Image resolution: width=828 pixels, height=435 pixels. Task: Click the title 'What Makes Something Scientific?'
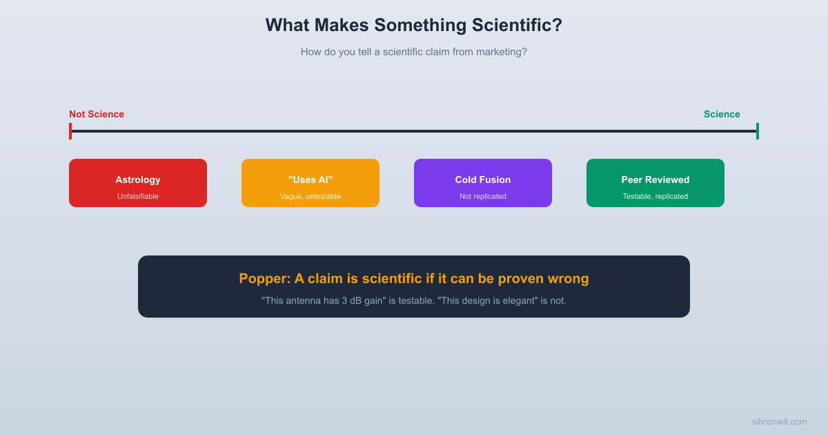tap(413, 26)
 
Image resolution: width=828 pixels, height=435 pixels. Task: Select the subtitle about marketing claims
tap(413, 52)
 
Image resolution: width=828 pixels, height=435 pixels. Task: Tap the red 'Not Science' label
tap(97, 114)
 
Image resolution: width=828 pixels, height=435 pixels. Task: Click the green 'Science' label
tap(722, 114)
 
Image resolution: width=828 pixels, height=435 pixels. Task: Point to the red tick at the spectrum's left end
tap(70, 131)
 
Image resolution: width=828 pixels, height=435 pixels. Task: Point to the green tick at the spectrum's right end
tap(757, 131)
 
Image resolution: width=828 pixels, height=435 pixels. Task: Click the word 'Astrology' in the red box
tap(138, 180)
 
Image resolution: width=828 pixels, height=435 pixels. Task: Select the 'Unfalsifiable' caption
tap(138, 196)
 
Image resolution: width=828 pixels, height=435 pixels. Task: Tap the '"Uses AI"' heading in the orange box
tap(310, 180)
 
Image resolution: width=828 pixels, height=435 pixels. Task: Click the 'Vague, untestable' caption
tap(310, 196)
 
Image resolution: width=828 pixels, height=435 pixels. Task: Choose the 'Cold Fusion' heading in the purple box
tap(483, 180)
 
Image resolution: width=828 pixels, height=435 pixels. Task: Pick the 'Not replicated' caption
tap(483, 196)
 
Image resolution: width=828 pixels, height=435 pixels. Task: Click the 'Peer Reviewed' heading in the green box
tap(655, 180)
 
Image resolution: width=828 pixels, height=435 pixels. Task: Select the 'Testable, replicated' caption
tap(655, 196)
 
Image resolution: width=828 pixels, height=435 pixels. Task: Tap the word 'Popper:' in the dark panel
tap(264, 278)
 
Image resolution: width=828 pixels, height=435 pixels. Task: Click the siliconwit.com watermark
tap(779, 421)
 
